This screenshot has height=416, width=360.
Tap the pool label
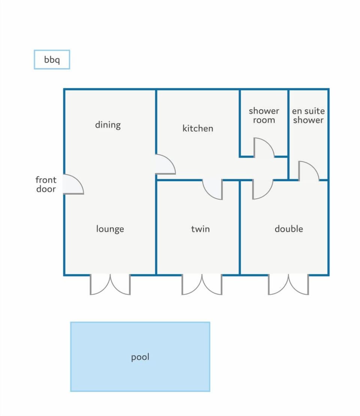(140, 357)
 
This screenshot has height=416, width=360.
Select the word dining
(108, 125)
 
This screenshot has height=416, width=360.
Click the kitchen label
(198, 128)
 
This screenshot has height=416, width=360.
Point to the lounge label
(110, 229)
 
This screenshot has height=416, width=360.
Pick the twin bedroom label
(200, 229)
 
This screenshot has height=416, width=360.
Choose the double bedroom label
(289, 229)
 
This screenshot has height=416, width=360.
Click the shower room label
(264, 115)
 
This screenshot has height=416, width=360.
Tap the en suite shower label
(308, 115)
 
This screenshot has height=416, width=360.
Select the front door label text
(46, 184)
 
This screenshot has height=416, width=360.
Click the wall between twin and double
(240, 228)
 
